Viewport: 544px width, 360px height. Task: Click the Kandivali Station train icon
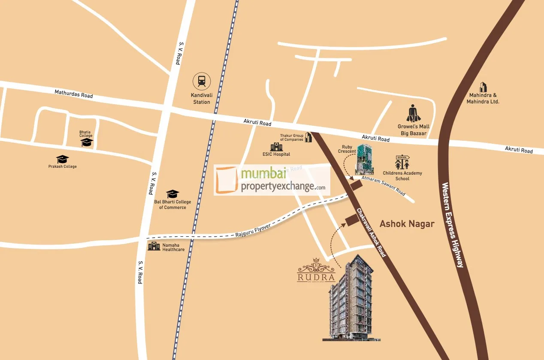(x=201, y=81)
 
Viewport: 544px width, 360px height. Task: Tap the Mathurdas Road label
(x=73, y=94)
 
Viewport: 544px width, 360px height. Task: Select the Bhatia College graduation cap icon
(x=87, y=142)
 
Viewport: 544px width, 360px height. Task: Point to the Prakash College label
(x=63, y=166)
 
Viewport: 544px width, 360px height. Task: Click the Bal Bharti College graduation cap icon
(x=172, y=194)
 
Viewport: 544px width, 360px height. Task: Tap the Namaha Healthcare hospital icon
(x=154, y=246)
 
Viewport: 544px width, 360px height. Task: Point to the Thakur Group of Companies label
(x=292, y=137)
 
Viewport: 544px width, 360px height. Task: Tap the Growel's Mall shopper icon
(x=413, y=114)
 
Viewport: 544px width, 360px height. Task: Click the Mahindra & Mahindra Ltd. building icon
(x=483, y=87)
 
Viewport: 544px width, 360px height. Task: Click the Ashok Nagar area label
(x=407, y=224)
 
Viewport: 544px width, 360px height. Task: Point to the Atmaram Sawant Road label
(x=383, y=185)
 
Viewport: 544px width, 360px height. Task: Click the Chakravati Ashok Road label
(x=371, y=233)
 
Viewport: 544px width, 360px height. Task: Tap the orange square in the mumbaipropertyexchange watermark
(x=227, y=181)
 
